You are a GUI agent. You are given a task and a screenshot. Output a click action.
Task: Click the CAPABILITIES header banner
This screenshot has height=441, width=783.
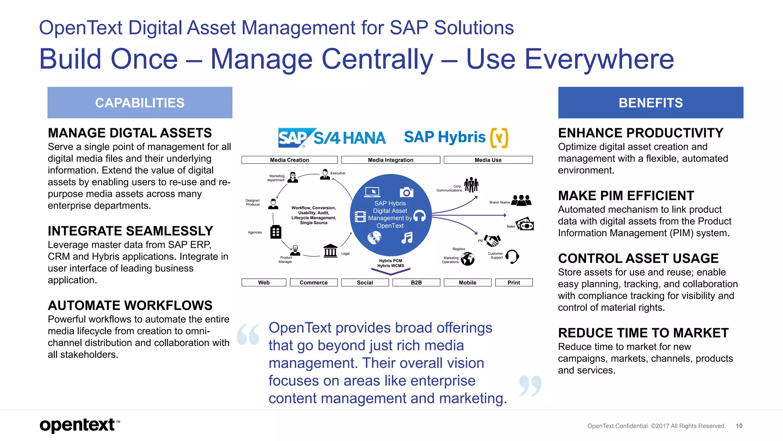pyautogui.click(x=140, y=103)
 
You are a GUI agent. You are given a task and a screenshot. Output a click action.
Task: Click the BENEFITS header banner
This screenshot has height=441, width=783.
pyautogui.click(x=650, y=103)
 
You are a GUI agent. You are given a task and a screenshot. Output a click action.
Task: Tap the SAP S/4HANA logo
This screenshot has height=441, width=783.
pyautogui.click(x=332, y=137)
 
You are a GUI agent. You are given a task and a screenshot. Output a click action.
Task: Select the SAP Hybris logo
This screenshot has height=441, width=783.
pyautogui.click(x=456, y=137)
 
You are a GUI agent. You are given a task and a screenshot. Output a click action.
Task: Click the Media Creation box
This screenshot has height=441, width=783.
pyautogui.click(x=289, y=160)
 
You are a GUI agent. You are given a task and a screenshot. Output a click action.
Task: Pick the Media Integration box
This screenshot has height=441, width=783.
pyautogui.click(x=390, y=160)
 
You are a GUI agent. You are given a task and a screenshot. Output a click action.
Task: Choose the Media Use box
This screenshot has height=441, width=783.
pyautogui.click(x=488, y=160)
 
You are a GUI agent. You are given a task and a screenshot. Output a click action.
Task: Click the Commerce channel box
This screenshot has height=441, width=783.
pyautogui.click(x=314, y=283)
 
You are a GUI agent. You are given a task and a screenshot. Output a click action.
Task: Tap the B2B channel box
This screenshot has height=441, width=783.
pyautogui.click(x=416, y=283)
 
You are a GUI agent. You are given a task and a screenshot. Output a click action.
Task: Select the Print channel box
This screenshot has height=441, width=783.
pyautogui.click(x=513, y=283)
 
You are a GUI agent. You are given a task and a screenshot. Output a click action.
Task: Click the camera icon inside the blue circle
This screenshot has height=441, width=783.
pyautogui.click(x=406, y=192)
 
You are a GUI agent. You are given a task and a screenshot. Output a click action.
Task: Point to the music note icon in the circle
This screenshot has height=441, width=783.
pyautogui.click(x=407, y=238)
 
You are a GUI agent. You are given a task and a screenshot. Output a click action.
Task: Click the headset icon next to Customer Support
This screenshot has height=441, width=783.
pyautogui.click(x=512, y=256)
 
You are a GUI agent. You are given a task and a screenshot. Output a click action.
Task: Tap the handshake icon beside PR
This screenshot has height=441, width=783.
pyautogui.click(x=492, y=240)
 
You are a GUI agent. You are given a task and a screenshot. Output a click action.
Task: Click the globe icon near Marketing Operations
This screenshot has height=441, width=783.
pyautogui.click(x=468, y=259)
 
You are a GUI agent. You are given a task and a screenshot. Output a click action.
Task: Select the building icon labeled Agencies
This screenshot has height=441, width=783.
pyautogui.click(x=276, y=232)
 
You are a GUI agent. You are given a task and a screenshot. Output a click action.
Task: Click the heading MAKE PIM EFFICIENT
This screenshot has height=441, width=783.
pyautogui.click(x=626, y=196)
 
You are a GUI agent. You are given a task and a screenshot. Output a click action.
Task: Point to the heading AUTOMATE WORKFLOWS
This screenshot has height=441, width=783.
pyautogui.click(x=130, y=305)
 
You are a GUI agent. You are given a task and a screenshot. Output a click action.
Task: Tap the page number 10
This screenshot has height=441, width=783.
pyautogui.click(x=739, y=426)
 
